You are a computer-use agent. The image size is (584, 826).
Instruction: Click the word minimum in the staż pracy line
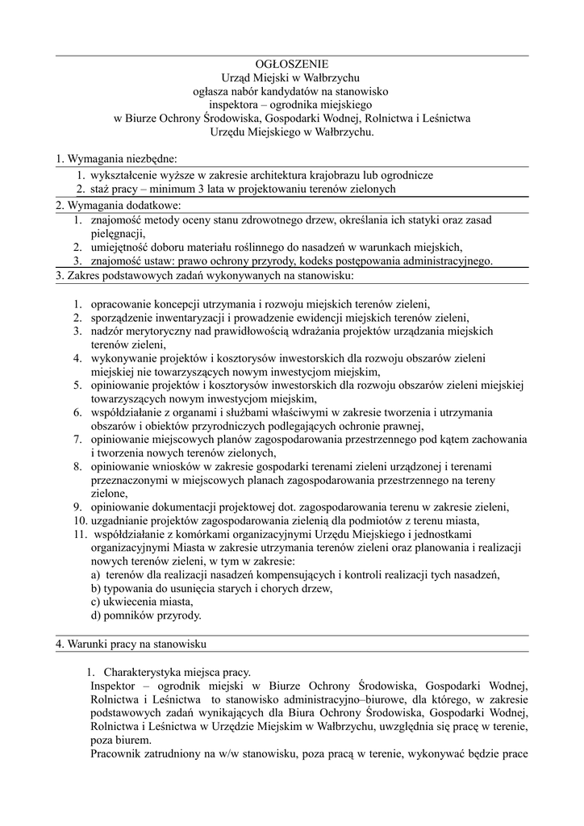click(x=204, y=189)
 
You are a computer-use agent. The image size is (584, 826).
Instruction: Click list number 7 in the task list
click(x=77, y=439)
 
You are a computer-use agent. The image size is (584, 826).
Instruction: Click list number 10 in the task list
click(x=77, y=520)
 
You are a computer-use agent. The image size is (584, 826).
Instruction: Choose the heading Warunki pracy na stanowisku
click(x=131, y=645)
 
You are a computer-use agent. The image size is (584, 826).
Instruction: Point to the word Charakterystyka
click(x=144, y=672)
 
